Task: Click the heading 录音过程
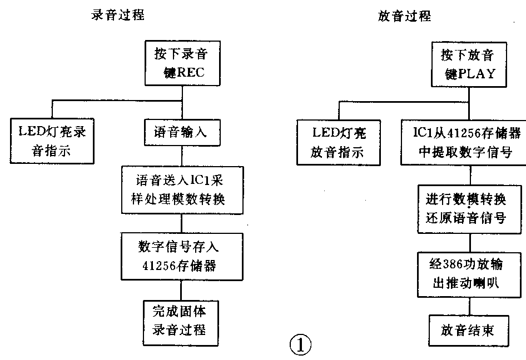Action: point(118,15)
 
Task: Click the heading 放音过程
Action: point(404,16)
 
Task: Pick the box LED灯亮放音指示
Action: point(338,142)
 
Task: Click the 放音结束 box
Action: point(469,331)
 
